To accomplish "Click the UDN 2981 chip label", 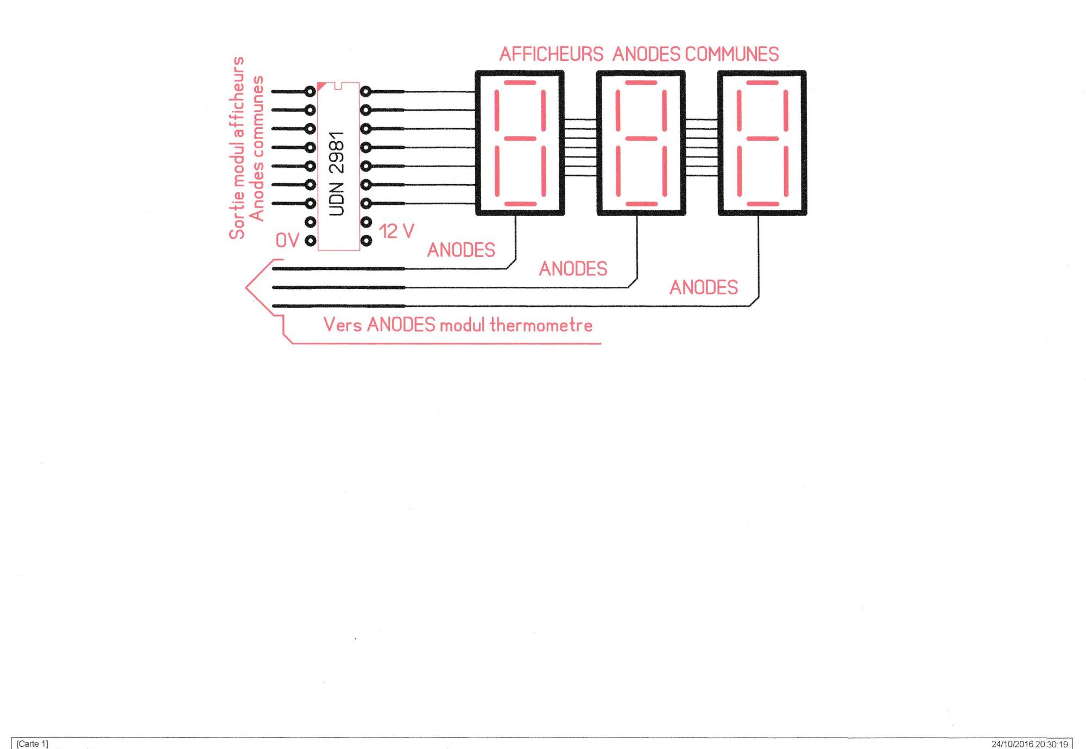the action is [337, 174].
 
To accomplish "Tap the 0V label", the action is [287, 241].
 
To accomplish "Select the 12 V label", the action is [396, 231].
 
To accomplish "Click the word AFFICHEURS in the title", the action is [551, 54].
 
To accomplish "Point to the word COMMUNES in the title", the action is [732, 54].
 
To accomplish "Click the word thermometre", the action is [541, 325].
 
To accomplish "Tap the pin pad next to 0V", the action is [310, 241].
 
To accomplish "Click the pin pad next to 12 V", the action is [366, 240].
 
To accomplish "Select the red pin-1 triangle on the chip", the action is [321, 86].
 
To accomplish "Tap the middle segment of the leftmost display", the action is [520, 139].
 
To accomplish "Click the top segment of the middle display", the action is [641, 83].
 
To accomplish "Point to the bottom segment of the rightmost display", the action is [762, 204].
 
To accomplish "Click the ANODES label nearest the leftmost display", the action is [461, 250].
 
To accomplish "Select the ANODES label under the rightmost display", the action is [704, 287].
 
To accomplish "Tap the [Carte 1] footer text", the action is [32, 744].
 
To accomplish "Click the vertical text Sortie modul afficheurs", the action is [237, 148].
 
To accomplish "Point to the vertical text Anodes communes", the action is [256, 148].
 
